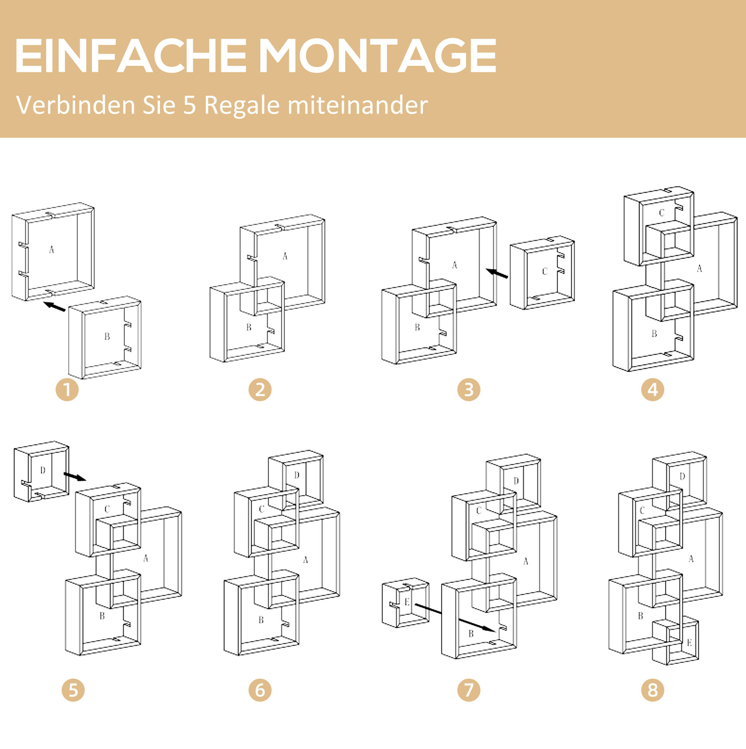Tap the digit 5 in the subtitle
point(190,105)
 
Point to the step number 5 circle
point(73,690)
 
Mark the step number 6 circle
point(260,690)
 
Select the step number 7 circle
point(469,690)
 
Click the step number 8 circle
point(653,690)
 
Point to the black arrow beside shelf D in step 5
point(75,476)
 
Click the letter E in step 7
point(407,602)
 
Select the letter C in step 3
point(544,271)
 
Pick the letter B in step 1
point(107,336)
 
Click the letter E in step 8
point(689,643)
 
